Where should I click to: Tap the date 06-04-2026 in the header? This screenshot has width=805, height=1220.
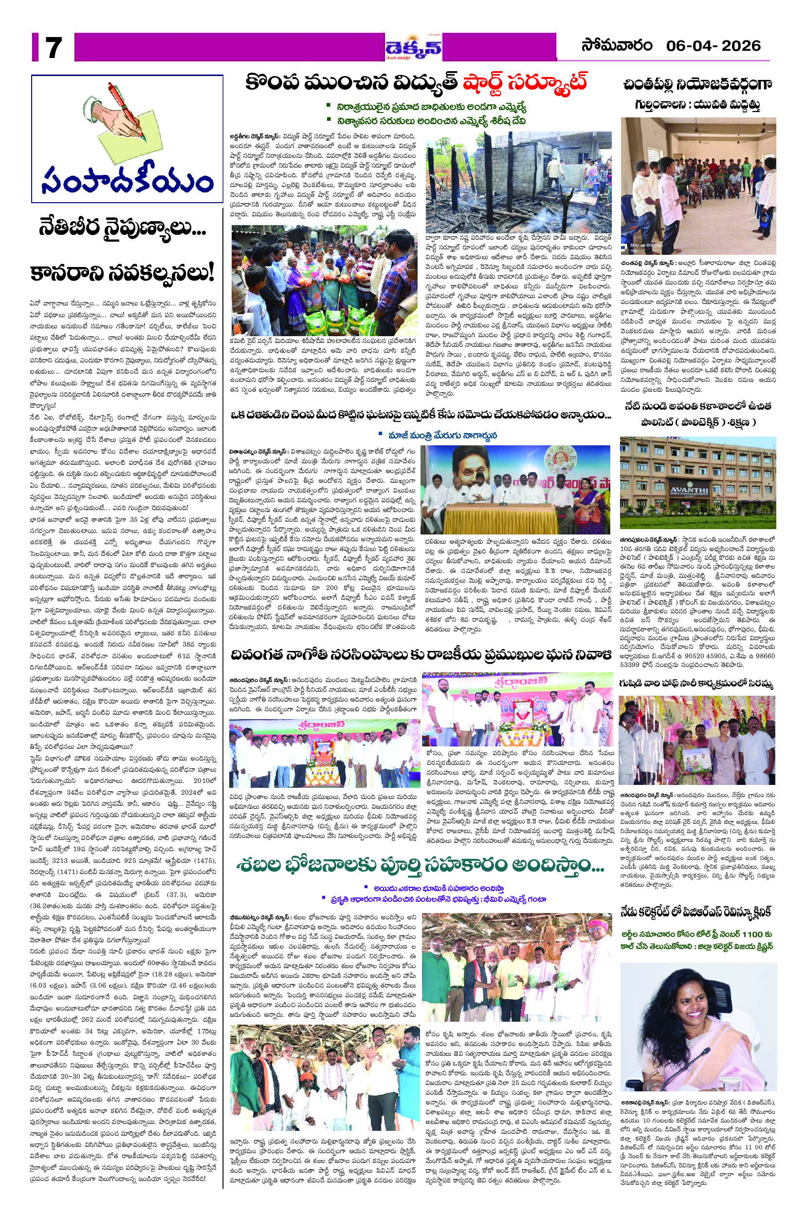tap(713, 46)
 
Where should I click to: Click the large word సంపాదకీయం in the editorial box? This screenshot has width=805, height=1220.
tap(127, 180)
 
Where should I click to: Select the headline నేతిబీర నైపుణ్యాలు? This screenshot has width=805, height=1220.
tap(123, 228)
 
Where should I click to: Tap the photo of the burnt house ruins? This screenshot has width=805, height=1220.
tap(518, 182)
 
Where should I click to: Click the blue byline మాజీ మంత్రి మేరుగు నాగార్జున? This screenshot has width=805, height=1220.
tap(434, 435)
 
